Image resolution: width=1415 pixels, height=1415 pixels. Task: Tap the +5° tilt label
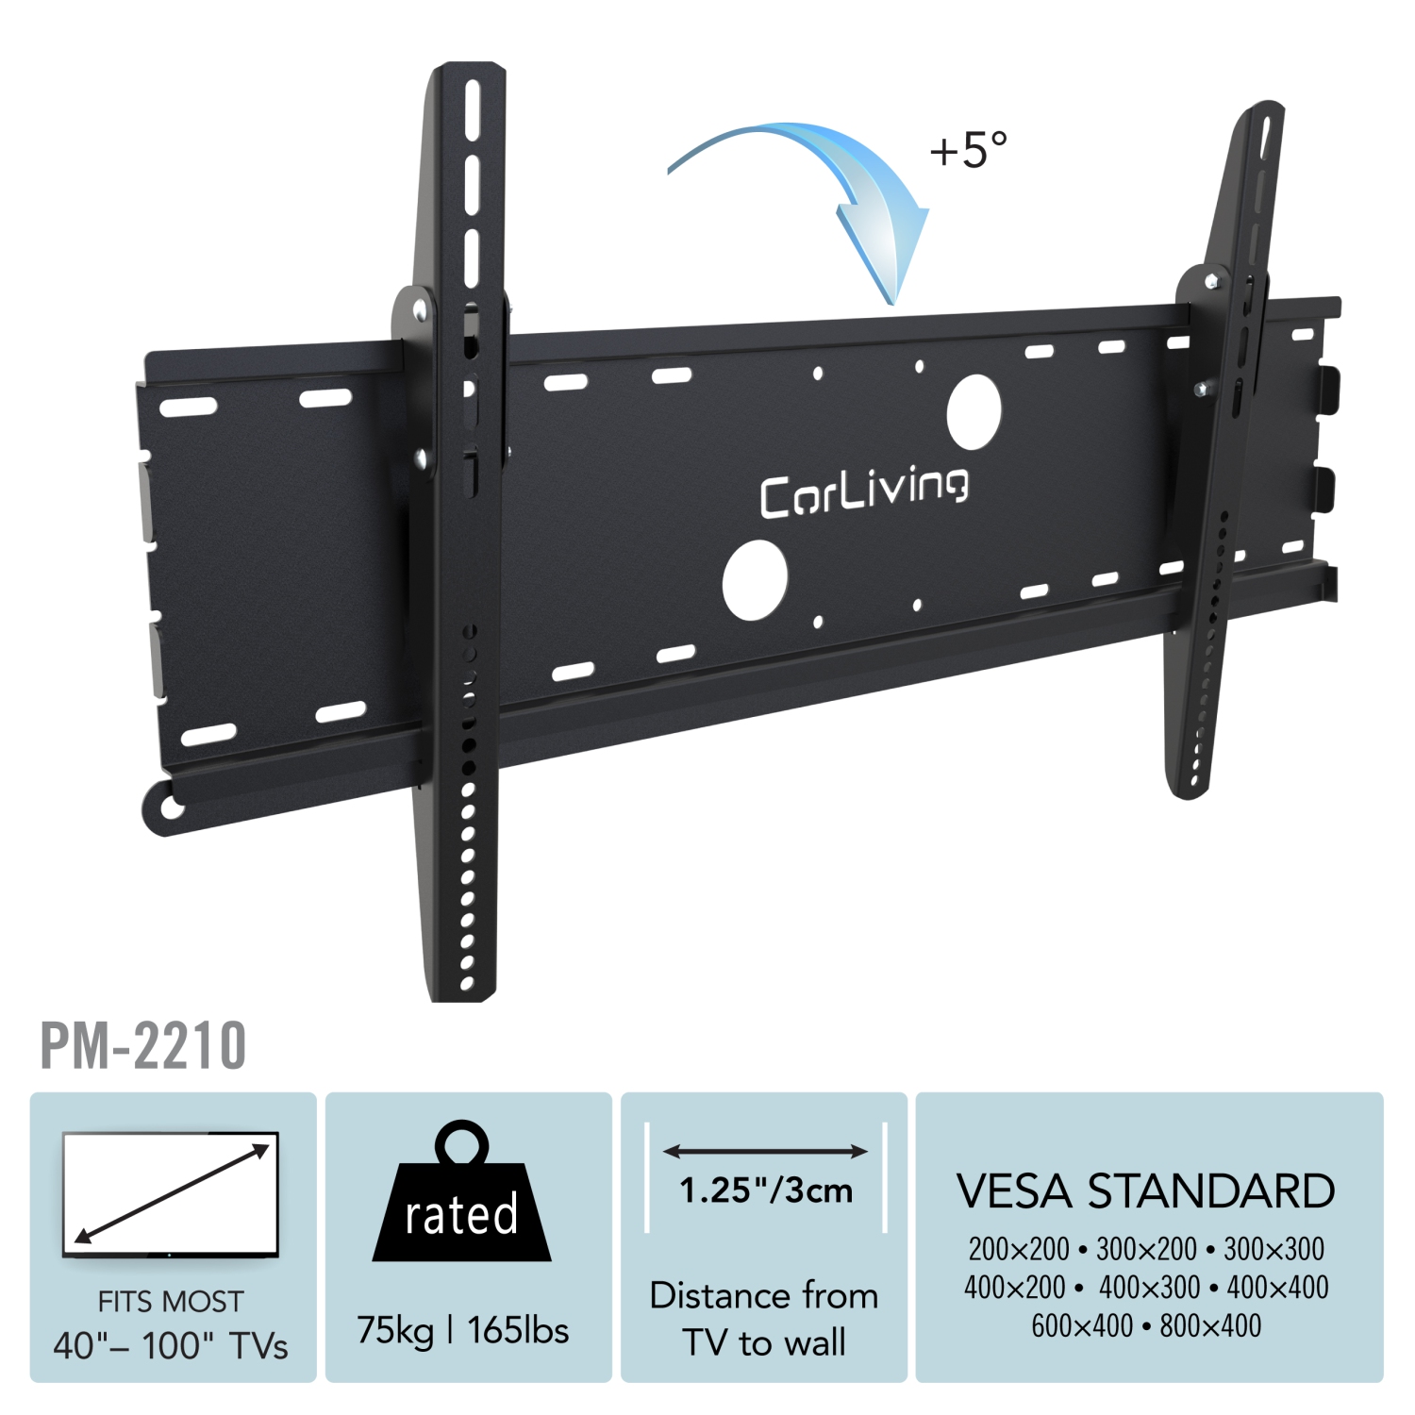tap(969, 150)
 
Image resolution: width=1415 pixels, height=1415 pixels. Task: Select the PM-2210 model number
tap(143, 1045)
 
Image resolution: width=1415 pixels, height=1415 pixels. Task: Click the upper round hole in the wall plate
tap(974, 412)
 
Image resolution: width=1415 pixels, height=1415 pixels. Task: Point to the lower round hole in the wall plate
tap(755, 580)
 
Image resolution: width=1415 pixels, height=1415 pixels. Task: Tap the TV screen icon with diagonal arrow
tap(171, 1194)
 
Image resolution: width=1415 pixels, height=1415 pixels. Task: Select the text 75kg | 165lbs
tap(462, 1330)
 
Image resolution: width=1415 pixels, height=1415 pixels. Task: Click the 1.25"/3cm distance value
tap(765, 1190)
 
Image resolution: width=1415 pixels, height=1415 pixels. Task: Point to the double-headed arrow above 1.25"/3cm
tap(765, 1151)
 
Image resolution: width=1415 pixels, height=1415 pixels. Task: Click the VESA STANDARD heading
tap(1145, 1191)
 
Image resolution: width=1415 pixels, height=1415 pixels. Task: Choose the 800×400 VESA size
tap(1210, 1325)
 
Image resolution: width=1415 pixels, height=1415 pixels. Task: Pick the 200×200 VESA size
tap(1018, 1249)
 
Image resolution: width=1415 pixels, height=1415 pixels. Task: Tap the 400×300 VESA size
tap(1149, 1287)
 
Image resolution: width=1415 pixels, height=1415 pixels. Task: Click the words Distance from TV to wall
tap(764, 1319)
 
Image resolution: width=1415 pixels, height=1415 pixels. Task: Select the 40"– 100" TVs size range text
tap(171, 1346)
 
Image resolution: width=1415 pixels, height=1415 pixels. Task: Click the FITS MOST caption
tap(171, 1302)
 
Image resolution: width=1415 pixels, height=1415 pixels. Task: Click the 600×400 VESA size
tap(1082, 1325)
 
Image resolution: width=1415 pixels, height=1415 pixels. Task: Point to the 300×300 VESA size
tap(1273, 1249)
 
